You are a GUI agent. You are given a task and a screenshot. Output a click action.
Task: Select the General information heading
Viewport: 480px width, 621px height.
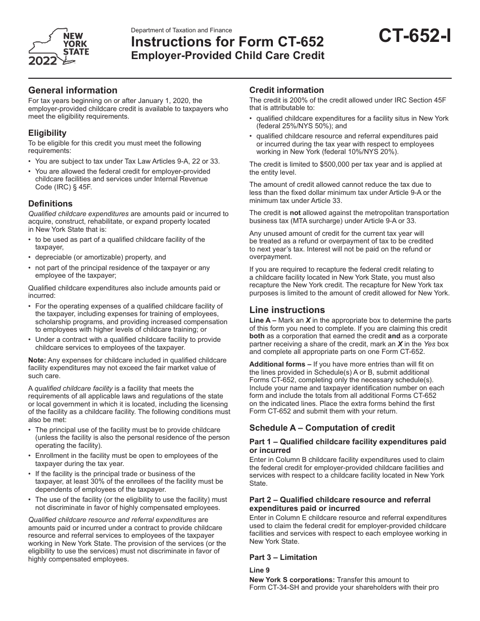[73, 90]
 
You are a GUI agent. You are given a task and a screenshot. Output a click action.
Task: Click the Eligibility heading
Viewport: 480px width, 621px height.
[47, 133]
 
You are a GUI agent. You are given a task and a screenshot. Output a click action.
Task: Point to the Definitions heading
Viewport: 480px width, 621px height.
[51, 203]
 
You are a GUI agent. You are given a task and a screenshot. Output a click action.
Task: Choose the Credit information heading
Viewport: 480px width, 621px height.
[286, 90]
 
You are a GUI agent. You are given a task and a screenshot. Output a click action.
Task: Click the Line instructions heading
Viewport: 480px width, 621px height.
[287, 310]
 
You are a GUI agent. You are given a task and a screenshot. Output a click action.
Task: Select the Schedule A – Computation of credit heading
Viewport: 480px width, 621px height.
[322, 428]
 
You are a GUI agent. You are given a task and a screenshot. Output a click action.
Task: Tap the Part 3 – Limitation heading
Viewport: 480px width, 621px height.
[283, 557]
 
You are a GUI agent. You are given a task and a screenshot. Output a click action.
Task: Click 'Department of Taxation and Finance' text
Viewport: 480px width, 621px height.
[182, 30]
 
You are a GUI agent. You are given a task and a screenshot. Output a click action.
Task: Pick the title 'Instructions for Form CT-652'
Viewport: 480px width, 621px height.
[228, 41]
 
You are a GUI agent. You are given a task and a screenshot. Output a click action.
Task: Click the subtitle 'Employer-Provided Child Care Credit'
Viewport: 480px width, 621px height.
[228, 55]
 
